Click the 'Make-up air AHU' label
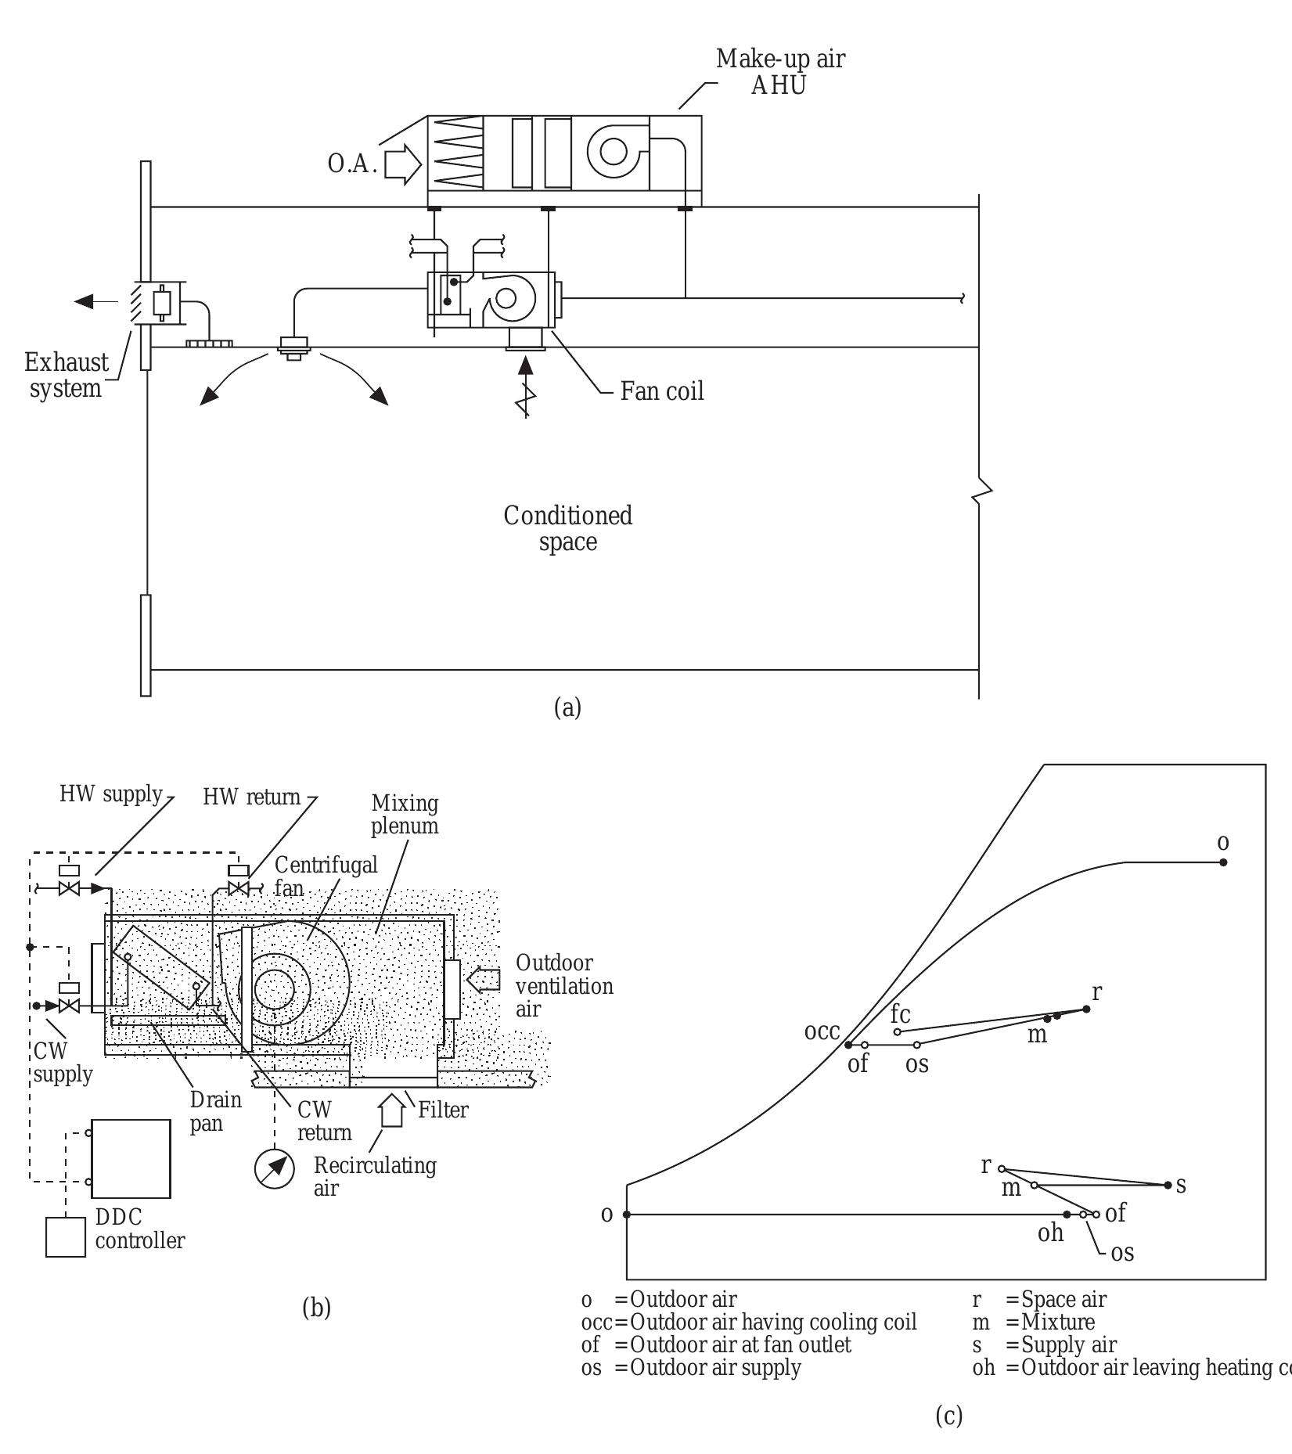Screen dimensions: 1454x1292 (x=780, y=71)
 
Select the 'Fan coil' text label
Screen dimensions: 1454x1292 (x=662, y=390)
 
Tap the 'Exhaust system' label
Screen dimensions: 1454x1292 (x=66, y=376)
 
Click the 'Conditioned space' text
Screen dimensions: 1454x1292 (x=567, y=529)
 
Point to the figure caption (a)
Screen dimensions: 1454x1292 (x=567, y=707)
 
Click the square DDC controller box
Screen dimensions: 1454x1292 (x=131, y=1159)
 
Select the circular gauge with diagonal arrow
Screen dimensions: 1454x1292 (x=275, y=1168)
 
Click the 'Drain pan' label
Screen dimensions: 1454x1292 (x=215, y=1111)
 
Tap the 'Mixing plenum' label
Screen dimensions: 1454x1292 (x=405, y=815)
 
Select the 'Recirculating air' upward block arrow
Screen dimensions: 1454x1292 (x=390, y=1108)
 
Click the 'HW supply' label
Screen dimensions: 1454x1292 (x=110, y=794)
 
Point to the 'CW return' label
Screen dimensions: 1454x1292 (x=324, y=1121)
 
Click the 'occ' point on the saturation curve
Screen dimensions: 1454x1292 (x=848, y=1045)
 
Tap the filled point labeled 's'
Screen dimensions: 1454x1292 (x=1168, y=1186)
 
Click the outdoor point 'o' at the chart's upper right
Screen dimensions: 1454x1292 (x=1223, y=862)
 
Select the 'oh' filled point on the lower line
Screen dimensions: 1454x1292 (x=1067, y=1215)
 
